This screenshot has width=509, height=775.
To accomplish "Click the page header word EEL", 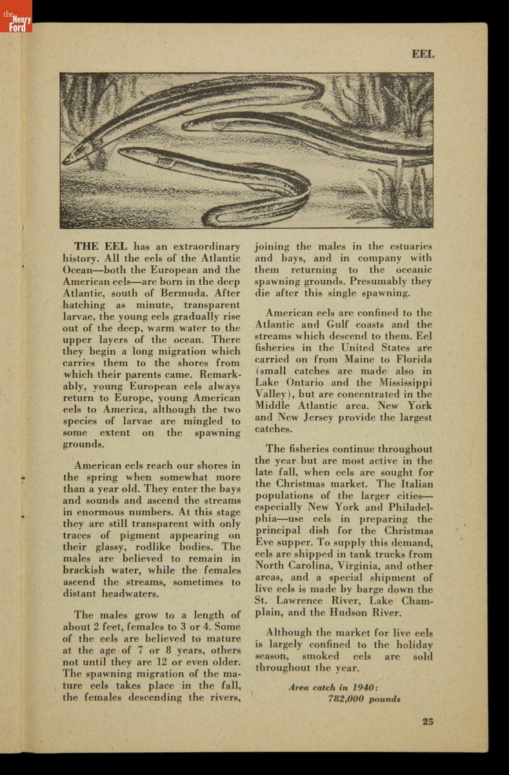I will pyautogui.click(x=423, y=54).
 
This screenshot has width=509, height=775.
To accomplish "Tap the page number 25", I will pyautogui.click(x=428, y=721).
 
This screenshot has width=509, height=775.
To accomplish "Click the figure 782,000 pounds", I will pyautogui.click(x=364, y=699).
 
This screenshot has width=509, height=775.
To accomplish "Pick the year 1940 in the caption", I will pyautogui.click(x=364, y=687).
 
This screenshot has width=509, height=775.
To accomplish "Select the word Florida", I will pyautogui.click(x=414, y=359).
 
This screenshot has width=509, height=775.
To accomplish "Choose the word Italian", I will pyautogui.click(x=415, y=484).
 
